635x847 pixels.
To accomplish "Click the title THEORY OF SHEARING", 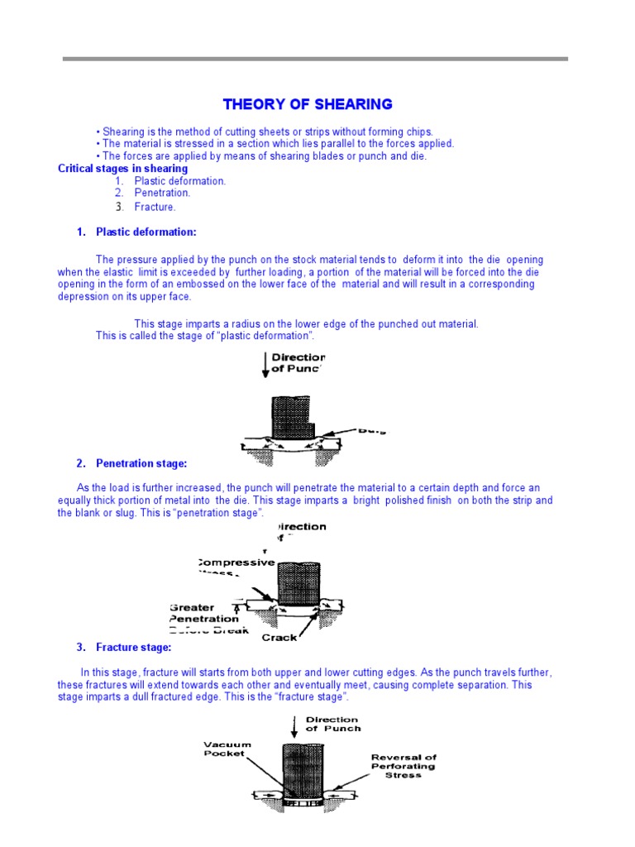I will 308,104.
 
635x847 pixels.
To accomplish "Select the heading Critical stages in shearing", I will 122,169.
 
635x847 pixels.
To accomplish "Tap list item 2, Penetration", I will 162,194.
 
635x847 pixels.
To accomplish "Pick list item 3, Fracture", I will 155,207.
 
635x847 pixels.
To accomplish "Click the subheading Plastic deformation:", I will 146,232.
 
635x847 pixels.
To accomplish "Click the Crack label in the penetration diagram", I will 279,637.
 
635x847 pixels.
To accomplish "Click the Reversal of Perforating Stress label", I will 403,766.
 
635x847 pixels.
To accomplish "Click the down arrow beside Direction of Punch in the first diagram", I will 265,365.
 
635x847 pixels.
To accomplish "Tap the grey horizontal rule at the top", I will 316,59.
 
